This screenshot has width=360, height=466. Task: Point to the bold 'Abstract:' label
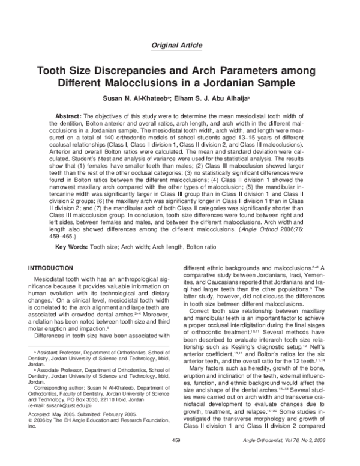pos(71,115)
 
